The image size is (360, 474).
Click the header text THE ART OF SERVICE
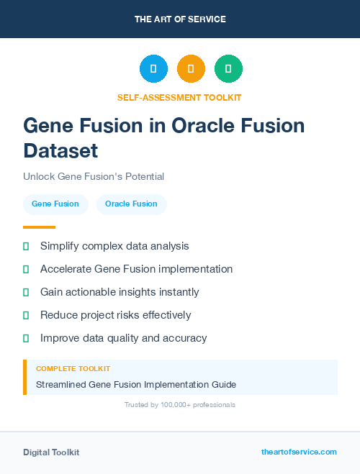pyautogui.click(x=180, y=19)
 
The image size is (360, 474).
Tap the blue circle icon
pyautogui.click(x=153, y=69)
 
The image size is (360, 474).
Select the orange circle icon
pyautogui.click(x=191, y=69)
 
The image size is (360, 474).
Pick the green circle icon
pyautogui.click(x=228, y=69)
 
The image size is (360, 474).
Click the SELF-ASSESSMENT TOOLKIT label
pyautogui.click(x=179, y=97)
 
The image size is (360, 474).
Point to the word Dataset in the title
pyautogui.click(x=60, y=150)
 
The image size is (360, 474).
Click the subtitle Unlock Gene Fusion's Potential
pyautogui.click(x=94, y=176)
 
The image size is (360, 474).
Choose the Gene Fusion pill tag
pyautogui.click(x=55, y=204)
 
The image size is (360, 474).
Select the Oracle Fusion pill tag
pyautogui.click(x=131, y=204)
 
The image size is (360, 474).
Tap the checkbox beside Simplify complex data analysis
pyautogui.click(x=26, y=246)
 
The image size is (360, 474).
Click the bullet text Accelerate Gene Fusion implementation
pyautogui.click(x=136, y=269)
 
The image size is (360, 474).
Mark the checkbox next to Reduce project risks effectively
pyautogui.click(x=26, y=315)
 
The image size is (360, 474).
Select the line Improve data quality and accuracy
pyautogui.click(x=123, y=338)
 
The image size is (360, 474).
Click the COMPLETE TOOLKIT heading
pyautogui.click(x=73, y=369)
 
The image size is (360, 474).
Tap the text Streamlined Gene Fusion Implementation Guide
pyautogui.click(x=136, y=385)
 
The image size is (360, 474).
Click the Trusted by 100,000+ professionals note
pyautogui.click(x=180, y=405)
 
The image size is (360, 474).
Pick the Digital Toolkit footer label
pyautogui.click(x=51, y=452)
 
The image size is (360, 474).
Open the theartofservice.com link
pyautogui.click(x=299, y=452)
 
